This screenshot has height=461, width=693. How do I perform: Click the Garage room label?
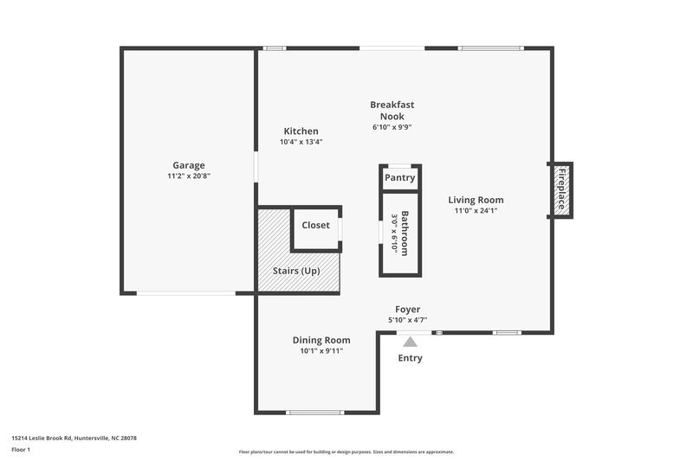pos(188,164)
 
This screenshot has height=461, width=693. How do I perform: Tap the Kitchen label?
pos(300,131)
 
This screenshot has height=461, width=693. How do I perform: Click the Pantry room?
pos(400,178)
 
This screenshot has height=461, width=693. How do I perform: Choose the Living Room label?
pos(476,200)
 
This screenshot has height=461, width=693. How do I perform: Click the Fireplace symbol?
pos(561,189)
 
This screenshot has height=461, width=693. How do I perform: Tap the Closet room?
pos(315,226)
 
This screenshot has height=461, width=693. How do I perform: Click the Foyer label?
pos(408,310)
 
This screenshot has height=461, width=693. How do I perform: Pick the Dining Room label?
pos(321,340)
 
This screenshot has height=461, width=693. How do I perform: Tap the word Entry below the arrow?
pos(410,358)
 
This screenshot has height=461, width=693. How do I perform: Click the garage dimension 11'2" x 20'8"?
pos(189,176)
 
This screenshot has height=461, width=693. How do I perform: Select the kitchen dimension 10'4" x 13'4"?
pos(301,142)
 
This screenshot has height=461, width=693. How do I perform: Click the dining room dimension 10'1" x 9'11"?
pos(321,351)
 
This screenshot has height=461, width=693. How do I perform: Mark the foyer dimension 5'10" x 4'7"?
pos(409,321)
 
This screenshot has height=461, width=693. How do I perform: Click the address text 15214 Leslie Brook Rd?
pos(74,439)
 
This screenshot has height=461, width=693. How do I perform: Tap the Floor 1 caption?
pos(21,451)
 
